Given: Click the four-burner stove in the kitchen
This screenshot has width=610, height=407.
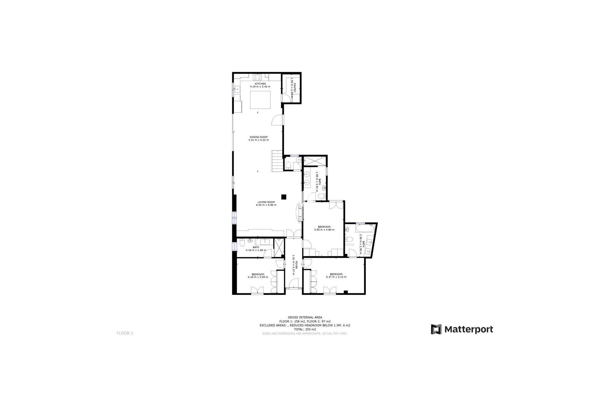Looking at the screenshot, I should [257, 77].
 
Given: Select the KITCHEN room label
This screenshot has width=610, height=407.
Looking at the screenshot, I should [260, 84].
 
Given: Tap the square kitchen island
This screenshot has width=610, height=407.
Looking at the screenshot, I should [260, 100].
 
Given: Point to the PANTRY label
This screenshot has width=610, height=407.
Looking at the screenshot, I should [295, 88].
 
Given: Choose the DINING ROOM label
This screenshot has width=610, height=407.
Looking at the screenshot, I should [258, 137].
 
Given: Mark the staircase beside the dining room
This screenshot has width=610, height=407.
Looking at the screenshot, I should [277, 161].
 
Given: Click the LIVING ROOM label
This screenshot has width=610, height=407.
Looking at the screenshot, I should [266, 202].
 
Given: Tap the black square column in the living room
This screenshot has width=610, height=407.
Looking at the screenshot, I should [284, 197].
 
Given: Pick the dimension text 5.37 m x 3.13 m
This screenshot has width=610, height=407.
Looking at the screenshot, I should [336, 277].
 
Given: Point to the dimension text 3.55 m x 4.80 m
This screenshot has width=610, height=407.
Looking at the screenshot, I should [324, 230].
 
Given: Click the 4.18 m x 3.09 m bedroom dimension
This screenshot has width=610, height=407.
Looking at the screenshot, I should [258, 277].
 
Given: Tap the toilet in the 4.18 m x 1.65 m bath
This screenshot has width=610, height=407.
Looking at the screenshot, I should [242, 244].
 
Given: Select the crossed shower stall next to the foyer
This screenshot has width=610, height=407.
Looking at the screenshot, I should [279, 247].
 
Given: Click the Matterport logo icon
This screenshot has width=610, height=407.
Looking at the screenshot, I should [436, 329].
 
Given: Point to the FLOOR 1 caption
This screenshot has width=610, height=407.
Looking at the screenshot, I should [125, 333].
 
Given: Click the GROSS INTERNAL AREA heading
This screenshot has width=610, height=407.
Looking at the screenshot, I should [305, 317].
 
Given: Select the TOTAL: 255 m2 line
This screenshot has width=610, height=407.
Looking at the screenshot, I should [305, 329].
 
